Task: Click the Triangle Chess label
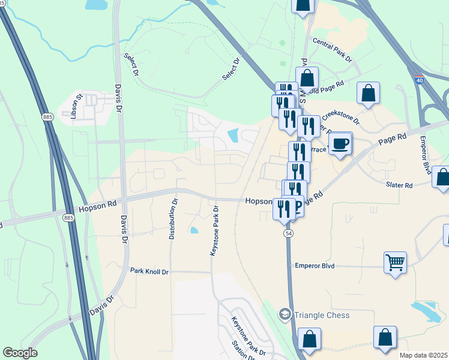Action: tap(322, 315)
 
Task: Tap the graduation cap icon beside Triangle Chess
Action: tap(285, 314)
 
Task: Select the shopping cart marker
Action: tap(396, 262)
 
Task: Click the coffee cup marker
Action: tap(340, 143)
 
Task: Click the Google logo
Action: tap(20, 353)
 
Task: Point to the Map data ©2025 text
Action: tap(423, 355)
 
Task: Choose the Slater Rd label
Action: tap(399, 186)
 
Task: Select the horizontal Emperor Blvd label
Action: tap(314, 265)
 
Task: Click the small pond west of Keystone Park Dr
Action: tap(193, 230)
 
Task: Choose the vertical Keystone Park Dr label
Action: tap(214, 231)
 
